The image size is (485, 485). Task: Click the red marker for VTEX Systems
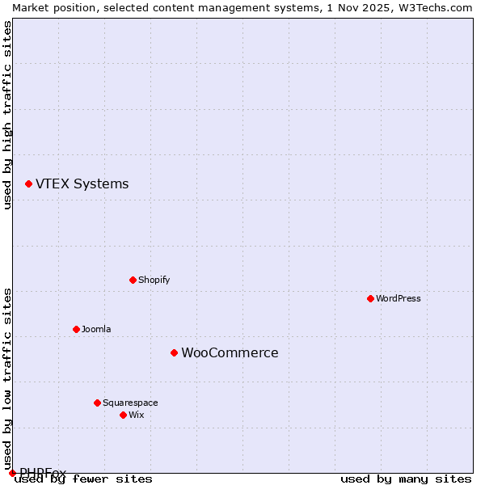pos(28,184)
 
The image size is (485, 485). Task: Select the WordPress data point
pos(370,298)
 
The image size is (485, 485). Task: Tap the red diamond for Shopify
pos(133,280)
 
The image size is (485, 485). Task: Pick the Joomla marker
pos(76,329)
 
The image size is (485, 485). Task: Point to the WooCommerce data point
pos(174,352)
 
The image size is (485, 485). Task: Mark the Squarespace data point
pos(97,403)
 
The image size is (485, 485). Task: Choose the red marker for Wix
pos(123,415)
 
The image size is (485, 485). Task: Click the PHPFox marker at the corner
pos(12,473)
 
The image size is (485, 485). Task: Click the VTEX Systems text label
pos(82,184)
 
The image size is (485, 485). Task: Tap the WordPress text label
pos(399,298)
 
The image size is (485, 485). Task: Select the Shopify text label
pos(154,280)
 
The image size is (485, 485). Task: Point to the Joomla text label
pos(96,329)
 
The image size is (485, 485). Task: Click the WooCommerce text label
pos(230,353)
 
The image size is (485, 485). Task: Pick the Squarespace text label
pos(130,403)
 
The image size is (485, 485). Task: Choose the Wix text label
pos(136,415)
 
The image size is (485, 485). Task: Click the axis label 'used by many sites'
pos(406,479)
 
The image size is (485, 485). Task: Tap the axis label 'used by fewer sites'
pos(84,479)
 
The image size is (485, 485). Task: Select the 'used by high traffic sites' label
pos(7,115)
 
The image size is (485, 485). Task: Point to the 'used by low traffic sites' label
pos(7,373)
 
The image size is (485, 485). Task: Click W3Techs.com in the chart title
pos(433,7)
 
